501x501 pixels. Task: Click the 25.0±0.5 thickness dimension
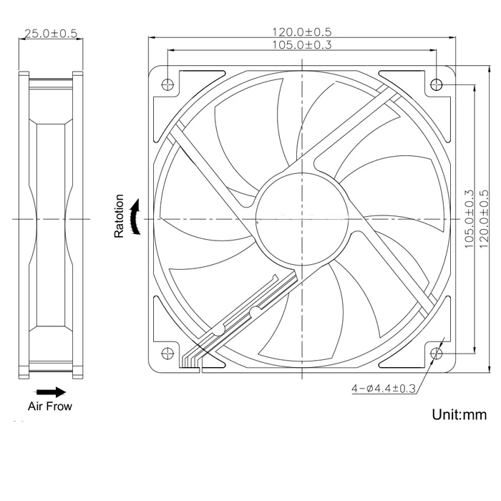[x=50, y=34]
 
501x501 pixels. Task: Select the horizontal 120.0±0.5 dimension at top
[x=301, y=32]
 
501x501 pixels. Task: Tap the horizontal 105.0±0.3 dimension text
[x=301, y=45]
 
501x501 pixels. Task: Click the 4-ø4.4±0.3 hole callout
[x=383, y=389]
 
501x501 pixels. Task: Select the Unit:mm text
[x=459, y=414]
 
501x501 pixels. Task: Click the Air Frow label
[x=50, y=407]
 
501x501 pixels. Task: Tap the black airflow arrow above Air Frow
[x=50, y=392]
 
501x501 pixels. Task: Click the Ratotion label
[x=120, y=216]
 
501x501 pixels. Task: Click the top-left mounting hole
[x=167, y=84]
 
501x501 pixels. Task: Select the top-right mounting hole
[x=437, y=84]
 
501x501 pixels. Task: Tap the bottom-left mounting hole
[x=167, y=352]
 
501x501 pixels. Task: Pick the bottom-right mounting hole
[x=437, y=352]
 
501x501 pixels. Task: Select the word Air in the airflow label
[x=36, y=407]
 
